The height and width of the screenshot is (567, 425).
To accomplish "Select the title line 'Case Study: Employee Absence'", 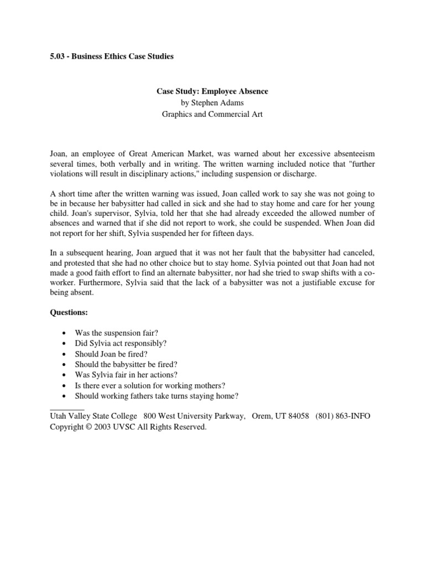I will point(212,91).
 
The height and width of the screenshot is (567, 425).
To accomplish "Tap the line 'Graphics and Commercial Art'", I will point(212,115).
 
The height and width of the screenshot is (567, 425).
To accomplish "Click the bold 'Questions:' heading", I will point(69,312).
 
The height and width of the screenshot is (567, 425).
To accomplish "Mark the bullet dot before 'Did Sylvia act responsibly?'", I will point(65,344).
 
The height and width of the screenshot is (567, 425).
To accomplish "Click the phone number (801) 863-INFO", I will point(343,416).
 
